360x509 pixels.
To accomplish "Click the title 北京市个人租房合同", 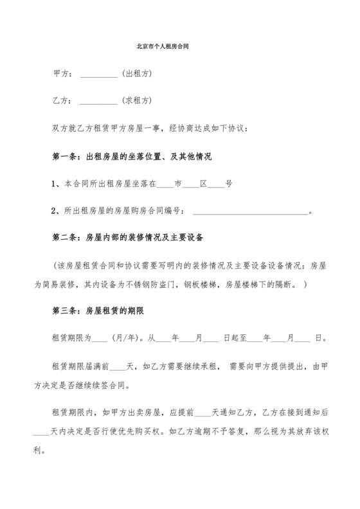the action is pos(163,47).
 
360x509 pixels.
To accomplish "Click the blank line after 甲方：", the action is pos(99,74).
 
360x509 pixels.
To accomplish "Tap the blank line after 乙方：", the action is pos(99,101).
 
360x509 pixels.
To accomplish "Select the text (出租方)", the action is pos(136,74).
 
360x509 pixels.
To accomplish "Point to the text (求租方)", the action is pos(136,101).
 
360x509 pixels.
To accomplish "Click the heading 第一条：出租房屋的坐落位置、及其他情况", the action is pos(132,156).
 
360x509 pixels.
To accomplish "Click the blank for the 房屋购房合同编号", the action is pos(251,211).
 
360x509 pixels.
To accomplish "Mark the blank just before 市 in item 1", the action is pos(165,184).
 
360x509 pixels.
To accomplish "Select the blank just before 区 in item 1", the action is pos(191,184).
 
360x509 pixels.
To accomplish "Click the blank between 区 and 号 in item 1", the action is pos(216,184).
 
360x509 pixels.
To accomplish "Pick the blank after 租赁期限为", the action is pos(100,337).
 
